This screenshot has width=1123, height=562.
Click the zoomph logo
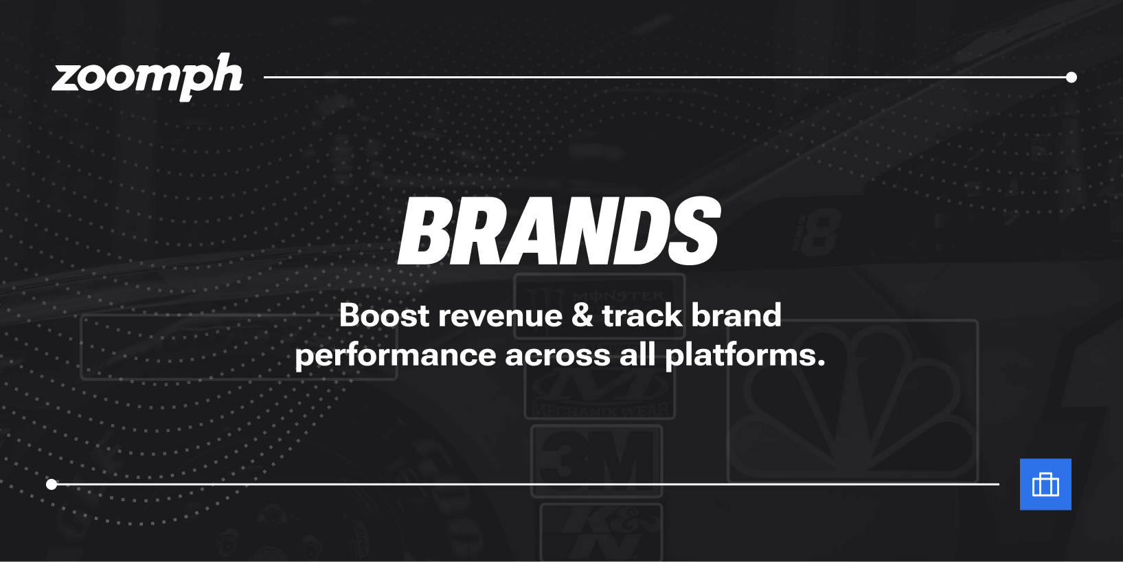147,77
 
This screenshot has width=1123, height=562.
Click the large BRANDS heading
559,231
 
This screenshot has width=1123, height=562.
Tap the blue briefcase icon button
1045,484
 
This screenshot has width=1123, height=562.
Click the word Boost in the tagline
384,315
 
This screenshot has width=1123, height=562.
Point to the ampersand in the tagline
582,315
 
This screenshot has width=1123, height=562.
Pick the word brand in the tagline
736,315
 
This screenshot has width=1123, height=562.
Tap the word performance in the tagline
395,356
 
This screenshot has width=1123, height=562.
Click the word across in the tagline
557,355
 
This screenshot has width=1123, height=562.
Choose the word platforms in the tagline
745,356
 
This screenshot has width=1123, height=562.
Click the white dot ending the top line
1071,78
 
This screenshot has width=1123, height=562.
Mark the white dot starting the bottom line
52,484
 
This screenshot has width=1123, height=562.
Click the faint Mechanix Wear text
600,409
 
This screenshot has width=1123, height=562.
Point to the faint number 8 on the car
819,234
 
